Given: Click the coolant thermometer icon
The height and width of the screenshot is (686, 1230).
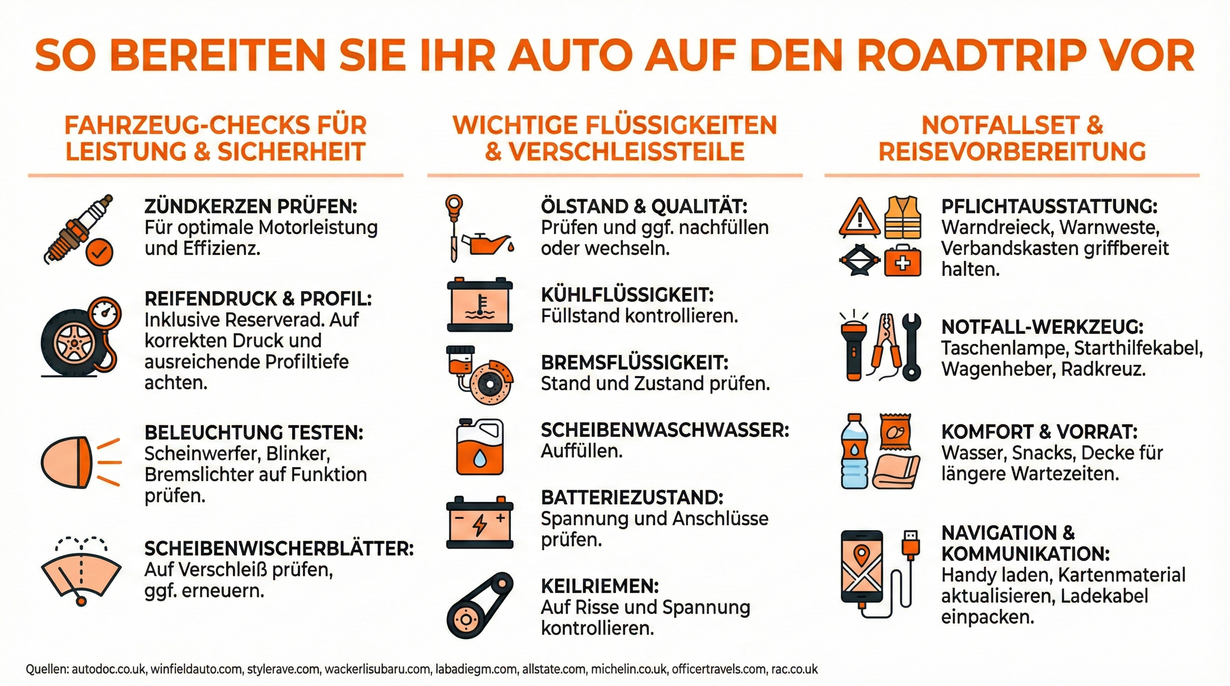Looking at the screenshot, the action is point(480,304).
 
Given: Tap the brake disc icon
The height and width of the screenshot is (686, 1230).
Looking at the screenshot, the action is point(492,382).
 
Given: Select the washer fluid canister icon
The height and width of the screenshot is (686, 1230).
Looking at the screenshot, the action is point(480,447).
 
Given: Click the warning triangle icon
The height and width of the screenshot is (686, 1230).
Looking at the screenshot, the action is point(860,218).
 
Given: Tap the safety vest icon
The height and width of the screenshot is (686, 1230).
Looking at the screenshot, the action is point(902,217).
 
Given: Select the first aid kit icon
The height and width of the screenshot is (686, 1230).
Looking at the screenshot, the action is point(902,261).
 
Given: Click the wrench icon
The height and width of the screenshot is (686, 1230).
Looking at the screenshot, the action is point(911,347).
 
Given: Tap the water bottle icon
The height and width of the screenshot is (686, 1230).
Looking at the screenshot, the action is point(854,451).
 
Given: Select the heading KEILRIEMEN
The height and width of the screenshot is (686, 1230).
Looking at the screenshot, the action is point(600,586).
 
